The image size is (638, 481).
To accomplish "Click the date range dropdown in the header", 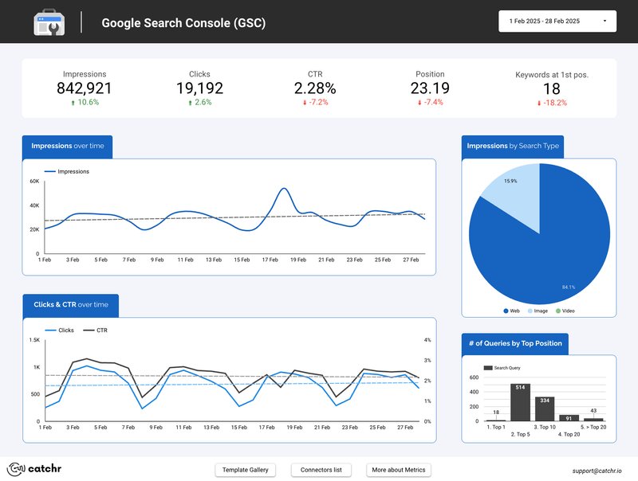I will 557,22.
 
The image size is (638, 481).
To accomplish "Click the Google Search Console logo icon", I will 49,22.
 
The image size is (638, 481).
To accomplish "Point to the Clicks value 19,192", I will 199,88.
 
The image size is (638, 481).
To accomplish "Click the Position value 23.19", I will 430,88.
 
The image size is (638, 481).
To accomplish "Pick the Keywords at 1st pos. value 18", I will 551,88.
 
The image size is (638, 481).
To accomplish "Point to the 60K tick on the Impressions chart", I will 34,182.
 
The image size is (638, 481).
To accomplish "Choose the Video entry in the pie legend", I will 565,311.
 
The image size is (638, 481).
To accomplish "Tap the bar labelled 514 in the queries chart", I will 521,402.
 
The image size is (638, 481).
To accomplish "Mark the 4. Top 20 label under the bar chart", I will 569,434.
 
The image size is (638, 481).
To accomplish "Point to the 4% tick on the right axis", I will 427,340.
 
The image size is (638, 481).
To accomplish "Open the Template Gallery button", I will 246,470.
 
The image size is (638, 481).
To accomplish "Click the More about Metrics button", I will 399,470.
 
